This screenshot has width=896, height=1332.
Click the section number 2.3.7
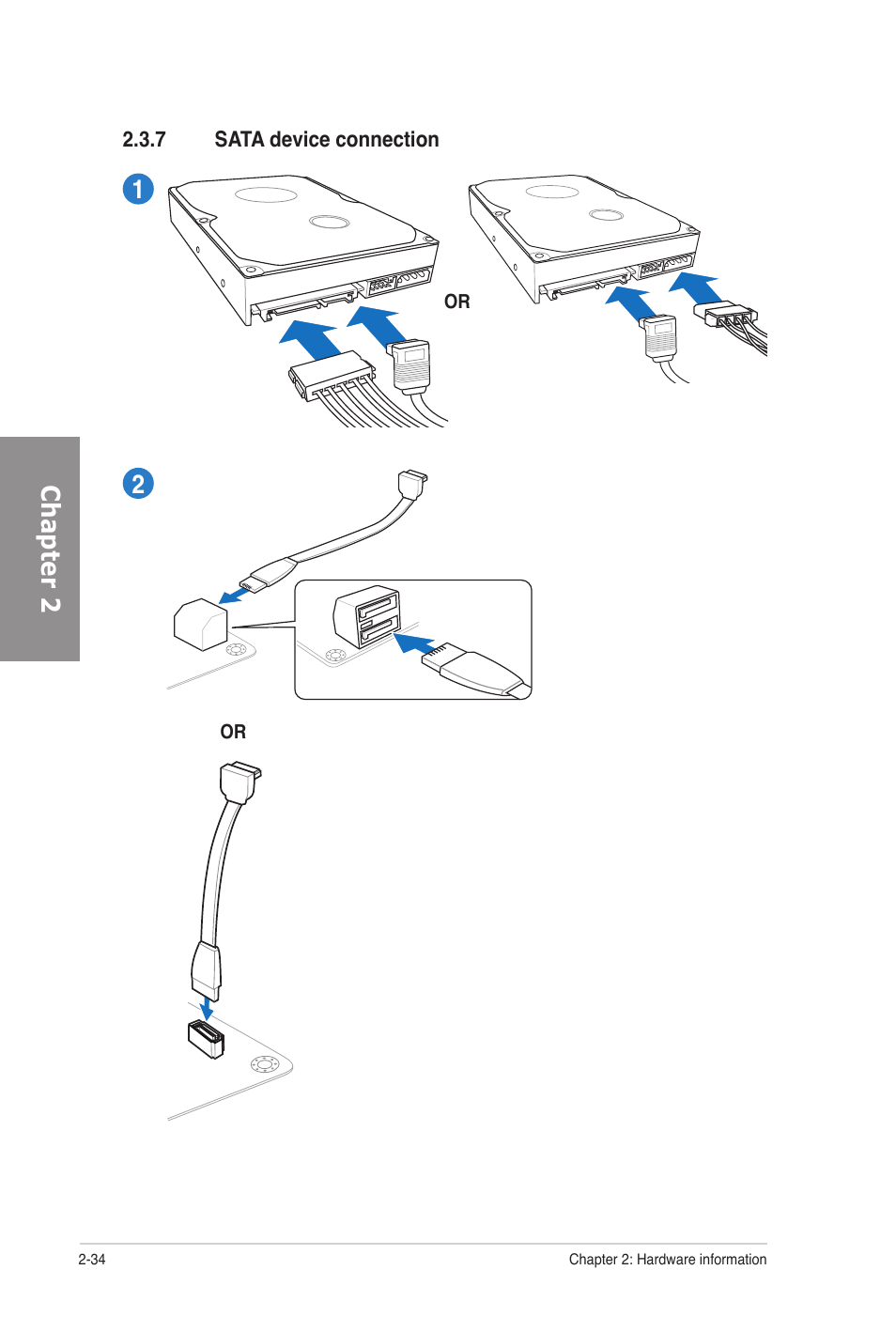tap(144, 140)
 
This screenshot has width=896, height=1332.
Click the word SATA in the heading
tap(239, 140)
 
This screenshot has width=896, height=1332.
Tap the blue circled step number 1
tap(138, 189)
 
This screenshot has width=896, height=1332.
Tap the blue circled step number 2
tap(138, 484)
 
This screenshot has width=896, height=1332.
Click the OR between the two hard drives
tap(456, 302)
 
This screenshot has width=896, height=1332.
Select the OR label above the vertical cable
tap(233, 732)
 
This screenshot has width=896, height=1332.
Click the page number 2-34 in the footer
tap(92, 1260)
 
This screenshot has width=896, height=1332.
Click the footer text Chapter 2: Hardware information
tap(667, 1260)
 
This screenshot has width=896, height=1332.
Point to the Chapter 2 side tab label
tap(49, 549)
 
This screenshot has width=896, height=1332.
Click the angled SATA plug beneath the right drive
tap(660, 337)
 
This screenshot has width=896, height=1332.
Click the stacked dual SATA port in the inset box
tap(367, 617)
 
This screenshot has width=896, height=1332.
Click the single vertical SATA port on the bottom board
tap(206, 1038)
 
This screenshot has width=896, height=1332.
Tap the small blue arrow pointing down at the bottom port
tap(206, 1009)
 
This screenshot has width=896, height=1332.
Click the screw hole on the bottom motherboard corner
tap(265, 1064)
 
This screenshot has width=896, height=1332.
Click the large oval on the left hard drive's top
tap(266, 194)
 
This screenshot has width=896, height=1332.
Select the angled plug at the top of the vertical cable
tap(239, 782)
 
